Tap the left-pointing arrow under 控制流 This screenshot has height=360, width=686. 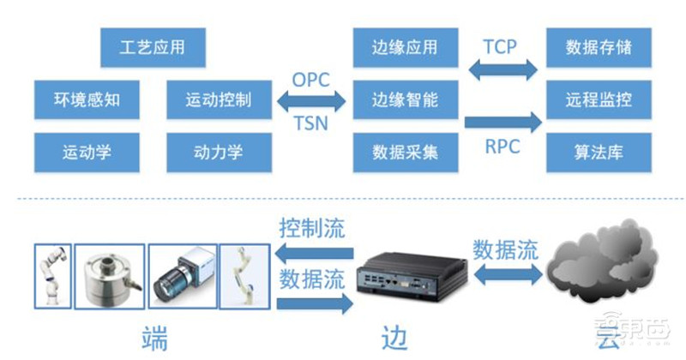(314, 251)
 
